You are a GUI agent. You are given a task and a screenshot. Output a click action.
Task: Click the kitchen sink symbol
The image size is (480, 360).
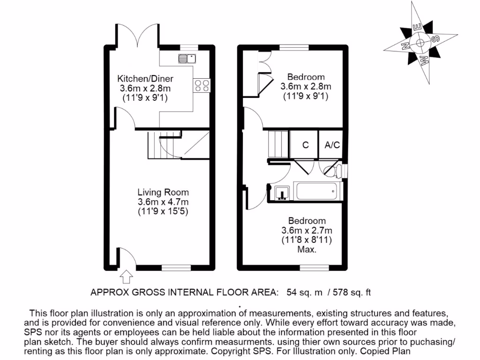[x=187, y=59]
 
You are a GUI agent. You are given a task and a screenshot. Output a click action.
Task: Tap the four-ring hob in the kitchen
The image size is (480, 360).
[x=202, y=85]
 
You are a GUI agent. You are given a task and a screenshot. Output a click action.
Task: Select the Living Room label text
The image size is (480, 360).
[x=163, y=192]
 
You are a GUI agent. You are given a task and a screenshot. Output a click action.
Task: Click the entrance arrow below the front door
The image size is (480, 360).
[x=126, y=277]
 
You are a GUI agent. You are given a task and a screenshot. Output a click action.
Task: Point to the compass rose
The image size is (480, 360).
[x=420, y=44]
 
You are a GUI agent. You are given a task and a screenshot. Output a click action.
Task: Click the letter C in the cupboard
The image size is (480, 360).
[x=305, y=145]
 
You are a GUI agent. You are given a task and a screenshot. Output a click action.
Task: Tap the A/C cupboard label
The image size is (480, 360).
[x=332, y=145]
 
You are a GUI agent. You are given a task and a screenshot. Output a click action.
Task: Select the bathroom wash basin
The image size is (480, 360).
[x=281, y=192]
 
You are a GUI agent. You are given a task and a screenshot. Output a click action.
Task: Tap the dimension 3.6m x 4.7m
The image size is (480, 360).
[x=163, y=202]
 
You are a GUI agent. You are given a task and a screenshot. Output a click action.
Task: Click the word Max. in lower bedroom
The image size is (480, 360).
[x=307, y=250]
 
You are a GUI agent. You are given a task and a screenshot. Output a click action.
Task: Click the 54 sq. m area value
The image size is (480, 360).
[x=305, y=292]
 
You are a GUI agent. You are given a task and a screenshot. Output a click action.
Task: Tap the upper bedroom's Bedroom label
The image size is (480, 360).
[x=306, y=77]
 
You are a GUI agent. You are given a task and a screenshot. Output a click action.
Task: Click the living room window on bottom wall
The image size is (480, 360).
[x=177, y=268]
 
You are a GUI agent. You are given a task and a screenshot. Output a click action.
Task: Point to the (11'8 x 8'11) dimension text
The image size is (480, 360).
[x=307, y=240]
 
